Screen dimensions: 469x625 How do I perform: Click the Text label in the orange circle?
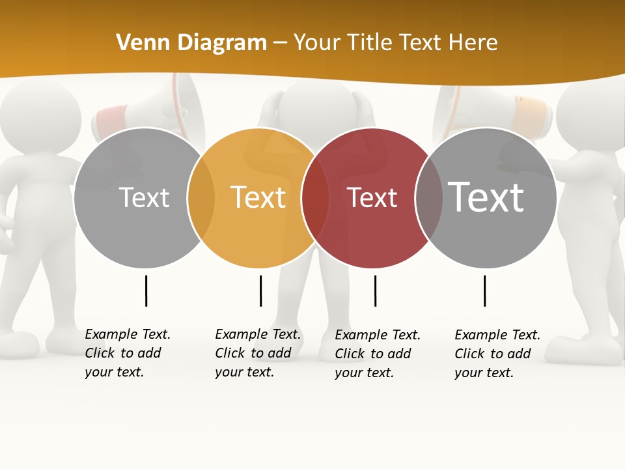(x=258, y=197)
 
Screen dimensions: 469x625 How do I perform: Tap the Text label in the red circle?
(x=372, y=198)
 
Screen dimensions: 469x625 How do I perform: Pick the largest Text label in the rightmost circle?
(x=486, y=197)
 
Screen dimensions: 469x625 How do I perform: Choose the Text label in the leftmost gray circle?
(x=145, y=197)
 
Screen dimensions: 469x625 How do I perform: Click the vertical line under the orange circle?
(x=260, y=291)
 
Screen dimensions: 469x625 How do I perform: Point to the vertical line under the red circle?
(x=375, y=291)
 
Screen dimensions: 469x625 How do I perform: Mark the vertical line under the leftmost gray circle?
(x=146, y=291)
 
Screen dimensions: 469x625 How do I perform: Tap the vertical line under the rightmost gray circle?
(x=484, y=291)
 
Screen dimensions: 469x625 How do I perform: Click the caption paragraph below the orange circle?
(x=258, y=353)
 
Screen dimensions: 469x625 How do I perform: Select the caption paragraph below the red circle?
(x=378, y=354)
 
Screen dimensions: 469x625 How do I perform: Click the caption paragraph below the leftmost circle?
(x=128, y=353)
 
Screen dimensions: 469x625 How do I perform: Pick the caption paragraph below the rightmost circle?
(x=497, y=354)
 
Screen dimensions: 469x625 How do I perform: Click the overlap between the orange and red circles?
(x=315, y=198)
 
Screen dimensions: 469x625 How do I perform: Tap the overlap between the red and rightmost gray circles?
(x=429, y=198)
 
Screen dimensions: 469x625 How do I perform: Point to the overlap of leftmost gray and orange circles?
(x=201, y=198)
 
